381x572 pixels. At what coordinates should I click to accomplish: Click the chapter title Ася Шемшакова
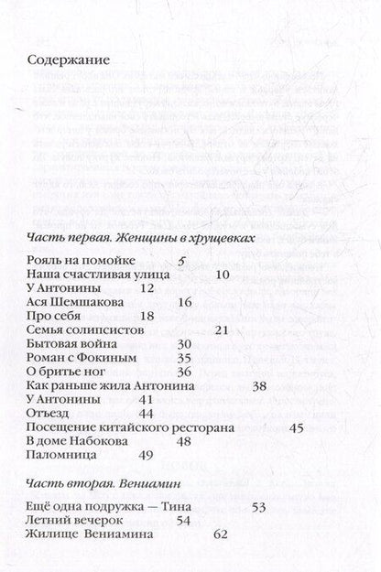(x=75, y=302)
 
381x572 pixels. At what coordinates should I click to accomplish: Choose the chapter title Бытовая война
(x=70, y=344)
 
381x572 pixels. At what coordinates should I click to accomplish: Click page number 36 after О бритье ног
(x=182, y=372)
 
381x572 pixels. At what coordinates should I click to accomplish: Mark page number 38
(x=259, y=386)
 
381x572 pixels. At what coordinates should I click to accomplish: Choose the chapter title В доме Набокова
(x=74, y=441)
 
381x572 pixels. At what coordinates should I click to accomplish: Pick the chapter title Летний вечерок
(x=73, y=519)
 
